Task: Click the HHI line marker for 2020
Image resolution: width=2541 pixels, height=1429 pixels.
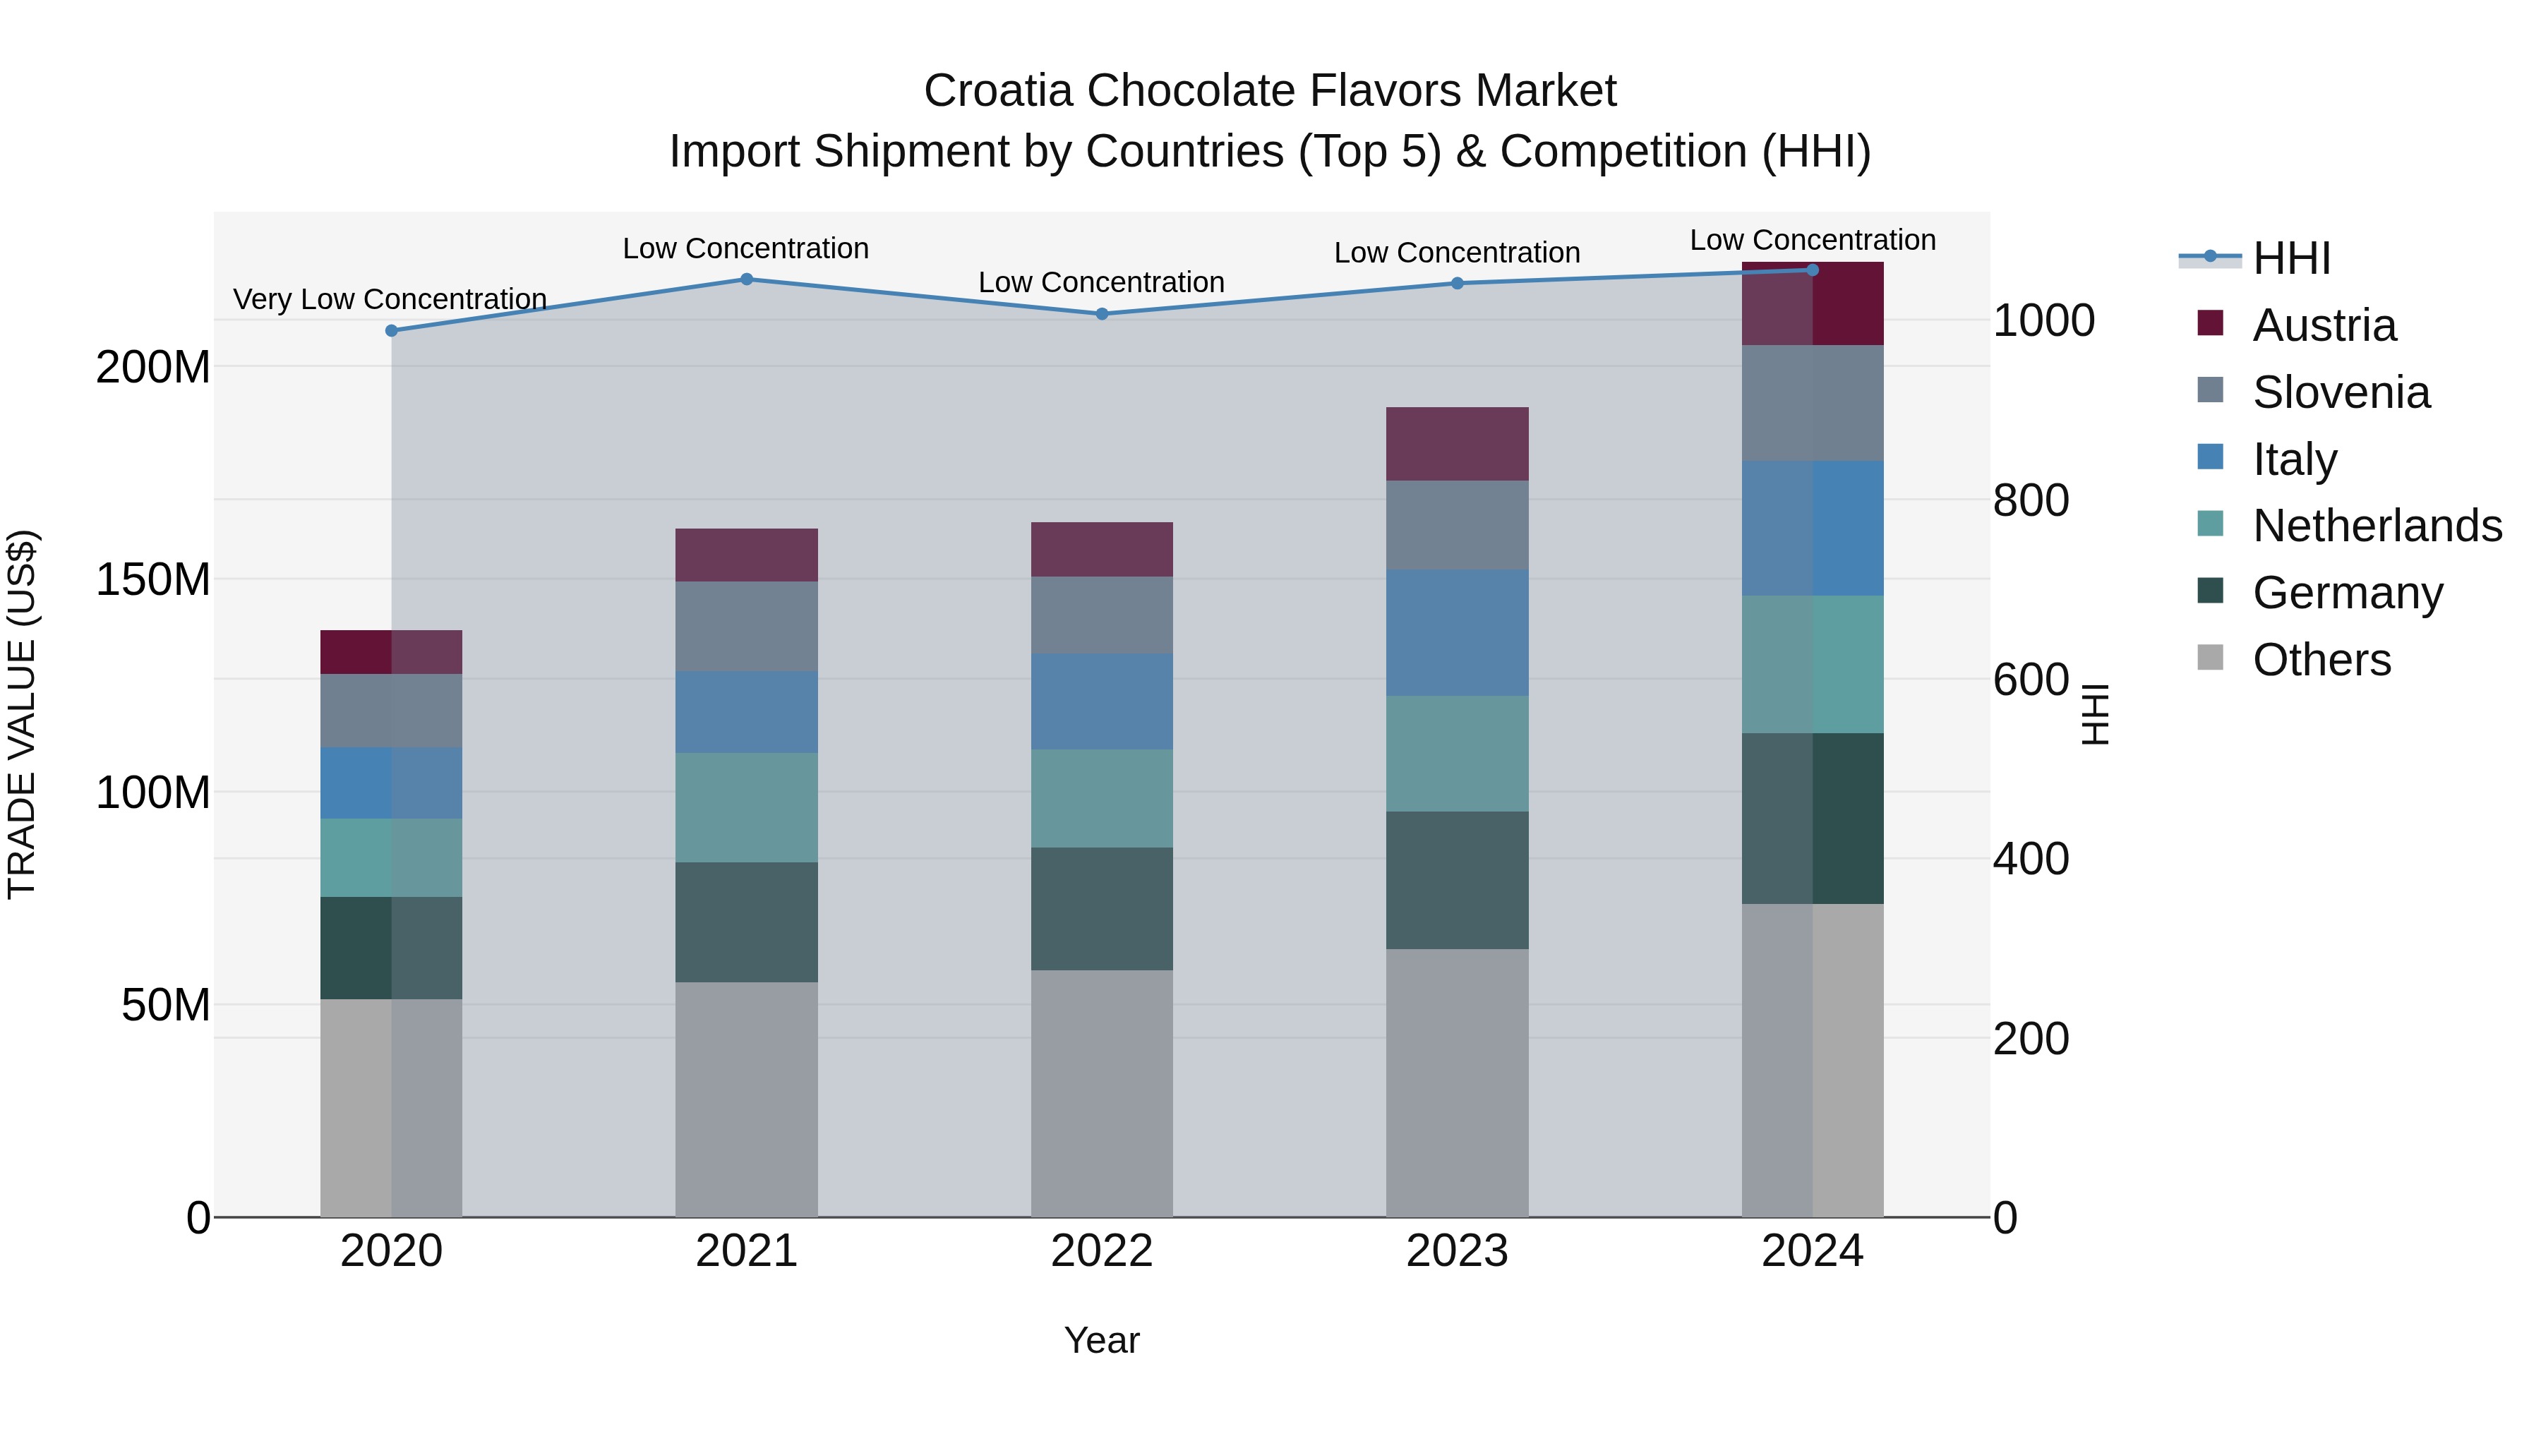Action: pyautogui.click(x=392, y=330)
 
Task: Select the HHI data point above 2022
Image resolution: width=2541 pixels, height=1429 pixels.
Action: pyautogui.click(x=1102, y=313)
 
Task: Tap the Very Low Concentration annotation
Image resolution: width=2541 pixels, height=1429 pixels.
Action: pyautogui.click(x=390, y=299)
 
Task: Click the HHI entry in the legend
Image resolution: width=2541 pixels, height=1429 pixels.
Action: pyautogui.click(x=2290, y=258)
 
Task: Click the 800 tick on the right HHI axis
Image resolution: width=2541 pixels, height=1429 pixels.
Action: pyautogui.click(x=2030, y=500)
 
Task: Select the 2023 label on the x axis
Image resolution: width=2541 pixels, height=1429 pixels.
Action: pyautogui.click(x=1457, y=1251)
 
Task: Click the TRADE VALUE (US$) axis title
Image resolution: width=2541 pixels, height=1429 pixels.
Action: pyautogui.click(x=23, y=714)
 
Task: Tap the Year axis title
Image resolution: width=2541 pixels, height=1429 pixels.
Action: pyautogui.click(x=1102, y=1340)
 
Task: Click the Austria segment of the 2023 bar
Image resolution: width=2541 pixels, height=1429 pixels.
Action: pyautogui.click(x=1457, y=444)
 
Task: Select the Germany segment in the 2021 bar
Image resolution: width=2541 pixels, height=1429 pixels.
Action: pyautogui.click(x=747, y=922)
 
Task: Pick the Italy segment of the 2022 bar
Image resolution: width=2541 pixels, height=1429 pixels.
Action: pyautogui.click(x=1102, y=701)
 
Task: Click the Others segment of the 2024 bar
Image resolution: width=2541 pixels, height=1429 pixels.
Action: pyautogui.click(x=1812, y=1060)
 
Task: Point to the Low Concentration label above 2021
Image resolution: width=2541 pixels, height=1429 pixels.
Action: pyautogui.click(x=746, y=248)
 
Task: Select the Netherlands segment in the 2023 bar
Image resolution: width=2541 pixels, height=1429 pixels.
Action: pyautogui.click(x=1457, y=754)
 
